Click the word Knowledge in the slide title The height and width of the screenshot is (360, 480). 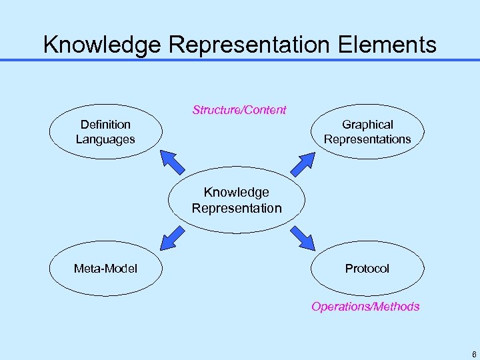(x=102, y=45)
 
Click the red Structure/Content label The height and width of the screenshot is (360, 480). (x=239, y=110)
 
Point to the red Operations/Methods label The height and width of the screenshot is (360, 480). (x=365, y=307)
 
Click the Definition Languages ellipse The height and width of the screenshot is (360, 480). (x=105, y=132)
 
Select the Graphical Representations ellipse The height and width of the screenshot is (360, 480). (x=367, y=132)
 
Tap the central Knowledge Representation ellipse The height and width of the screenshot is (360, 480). (x=237, y=200)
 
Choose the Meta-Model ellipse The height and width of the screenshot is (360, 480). (x=105, y=269)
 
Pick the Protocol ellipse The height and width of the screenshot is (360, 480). (x=367, y=269)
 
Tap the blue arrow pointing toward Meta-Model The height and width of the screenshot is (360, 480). (x=173, y=237)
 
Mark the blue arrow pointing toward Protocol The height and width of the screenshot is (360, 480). (x=303, y=237)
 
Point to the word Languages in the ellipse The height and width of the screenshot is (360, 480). (x=105, y=139)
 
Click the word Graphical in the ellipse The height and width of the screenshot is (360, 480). (x=367, y=125)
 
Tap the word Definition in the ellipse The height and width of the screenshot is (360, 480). (x=105, y=125)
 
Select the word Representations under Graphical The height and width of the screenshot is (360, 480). (x=367, y=139)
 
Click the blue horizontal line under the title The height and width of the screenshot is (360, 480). (x=240, y=61)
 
